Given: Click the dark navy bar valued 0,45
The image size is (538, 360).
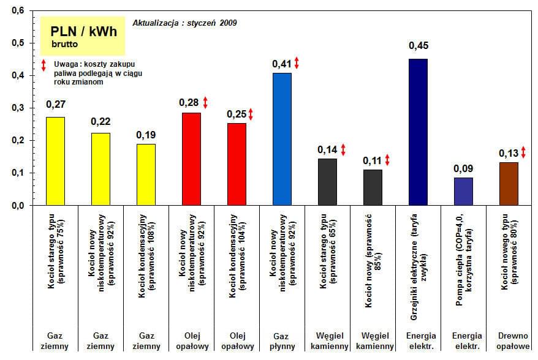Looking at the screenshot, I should pyautogui.click(x=417, y=132).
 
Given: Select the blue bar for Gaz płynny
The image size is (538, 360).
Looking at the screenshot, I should pyautogui.click(x=282, y=139).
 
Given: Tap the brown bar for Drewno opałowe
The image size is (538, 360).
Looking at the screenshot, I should pyautogui.click(x=508, y=184).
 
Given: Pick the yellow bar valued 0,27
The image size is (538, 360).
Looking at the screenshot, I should pyautogui.click(x=56, y=161).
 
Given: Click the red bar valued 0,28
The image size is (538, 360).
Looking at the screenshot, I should pyautogui.click(x=191, y=159).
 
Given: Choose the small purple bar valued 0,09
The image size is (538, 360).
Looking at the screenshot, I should pyautogui.click(x=463, y=191).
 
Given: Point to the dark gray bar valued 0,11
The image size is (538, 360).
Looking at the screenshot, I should pyautogui.click(x=373, y=187).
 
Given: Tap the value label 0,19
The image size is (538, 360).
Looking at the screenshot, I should pyautogui.click(x=145, y=134).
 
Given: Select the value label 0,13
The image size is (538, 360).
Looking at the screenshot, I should pyautogui.click(x=508, y=153).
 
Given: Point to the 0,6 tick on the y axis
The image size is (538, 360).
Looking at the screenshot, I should pyautogui.click(x=18, y=11).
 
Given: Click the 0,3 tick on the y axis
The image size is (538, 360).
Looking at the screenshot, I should pyautogui.click(x=18, y=108).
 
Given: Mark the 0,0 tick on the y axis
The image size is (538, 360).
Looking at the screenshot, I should pyautogui.click(x=18, y=206).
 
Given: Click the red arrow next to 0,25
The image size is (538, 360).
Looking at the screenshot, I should pyautogui.click(x=251, y=114).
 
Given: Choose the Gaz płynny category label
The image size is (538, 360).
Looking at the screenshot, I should pyautogui.click(x=282, y=341).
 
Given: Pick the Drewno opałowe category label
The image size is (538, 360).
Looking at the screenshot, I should pyautogui.click(x=508, y=341).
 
